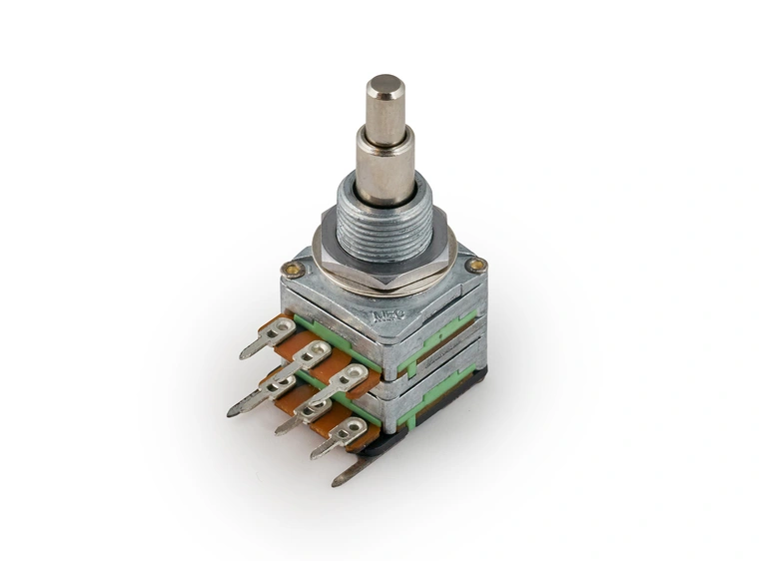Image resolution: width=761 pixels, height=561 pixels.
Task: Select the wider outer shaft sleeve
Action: click(385, 165)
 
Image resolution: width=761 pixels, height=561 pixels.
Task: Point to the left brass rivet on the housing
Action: click(292, 268)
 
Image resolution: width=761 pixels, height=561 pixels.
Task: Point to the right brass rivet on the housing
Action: click(476, 266)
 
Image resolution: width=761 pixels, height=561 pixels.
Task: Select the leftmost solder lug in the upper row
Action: click(269, 334)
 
